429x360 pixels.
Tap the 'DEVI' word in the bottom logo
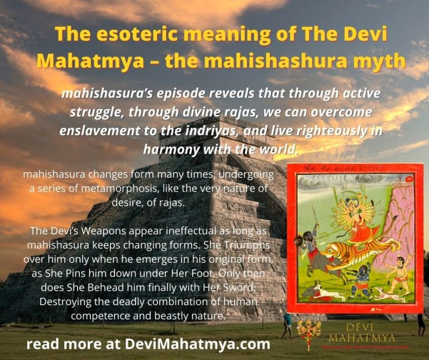(x=362, y=326)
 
